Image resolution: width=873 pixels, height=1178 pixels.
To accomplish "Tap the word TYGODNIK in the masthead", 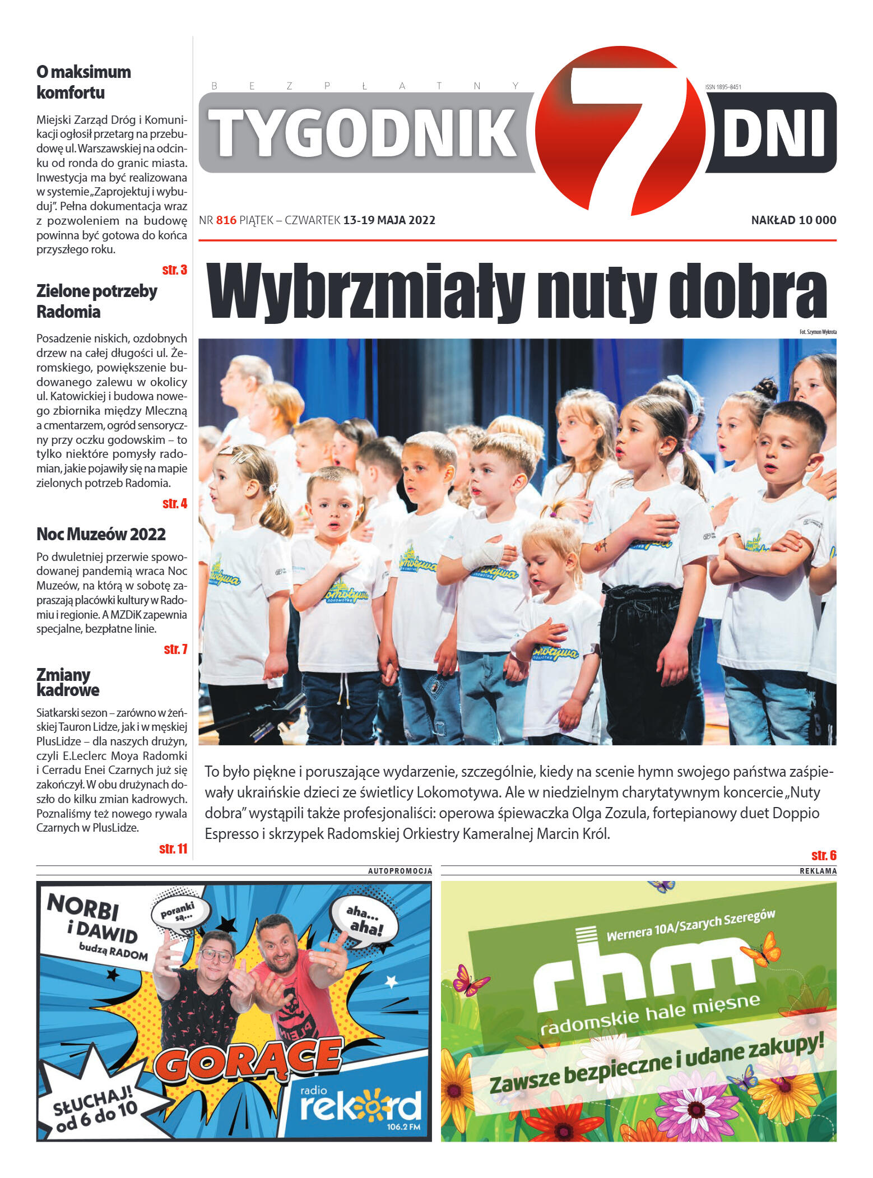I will coord(364,132).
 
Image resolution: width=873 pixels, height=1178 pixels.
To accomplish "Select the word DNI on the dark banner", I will coord(773,133).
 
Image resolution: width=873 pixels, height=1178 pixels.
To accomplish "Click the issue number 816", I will coord(226,220).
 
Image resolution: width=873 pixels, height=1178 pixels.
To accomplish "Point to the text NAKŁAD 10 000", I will coord(793,220).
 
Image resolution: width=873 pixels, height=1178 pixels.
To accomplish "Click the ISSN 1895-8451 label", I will coord(723,87).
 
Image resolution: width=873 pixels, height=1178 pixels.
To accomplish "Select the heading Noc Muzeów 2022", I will coord(101,534).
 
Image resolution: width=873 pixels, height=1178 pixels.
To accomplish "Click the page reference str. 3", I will coord(174,270).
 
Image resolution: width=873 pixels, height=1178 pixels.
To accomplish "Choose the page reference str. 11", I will coord(173,848).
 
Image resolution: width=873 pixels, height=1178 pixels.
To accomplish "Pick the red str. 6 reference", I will coord(824,855).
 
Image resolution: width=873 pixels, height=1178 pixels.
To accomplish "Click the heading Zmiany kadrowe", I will coord(67,682).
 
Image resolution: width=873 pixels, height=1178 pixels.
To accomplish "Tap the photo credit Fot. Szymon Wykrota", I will coord(818,332).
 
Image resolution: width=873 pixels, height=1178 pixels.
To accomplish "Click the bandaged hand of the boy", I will coord(482,555).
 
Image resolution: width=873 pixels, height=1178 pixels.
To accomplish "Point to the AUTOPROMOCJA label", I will coord(400,871).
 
